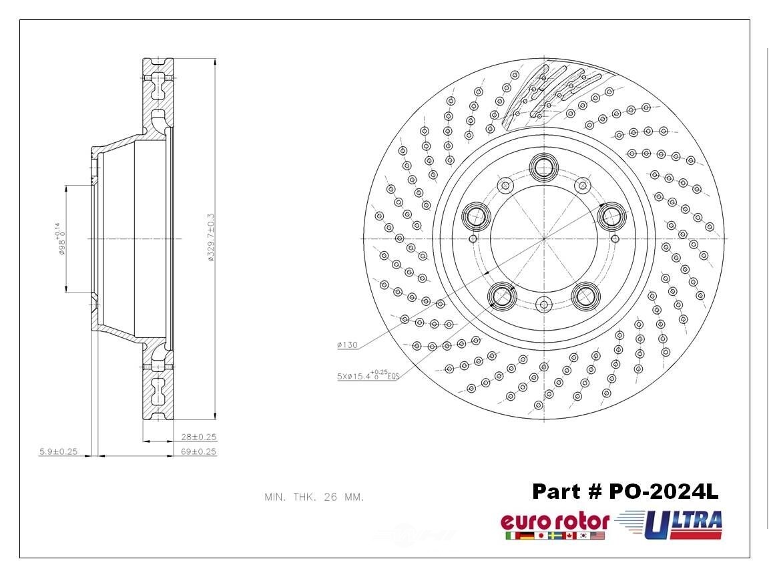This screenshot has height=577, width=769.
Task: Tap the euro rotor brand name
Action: pos(555,522)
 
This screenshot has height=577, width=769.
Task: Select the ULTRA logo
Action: pos(674,524)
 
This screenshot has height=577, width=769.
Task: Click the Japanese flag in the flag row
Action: pos(541,536)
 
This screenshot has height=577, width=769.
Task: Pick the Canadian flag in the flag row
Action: pos(569,536)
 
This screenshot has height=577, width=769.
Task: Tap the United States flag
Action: pos(597,536)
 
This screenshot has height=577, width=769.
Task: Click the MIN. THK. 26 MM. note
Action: pos(314,498)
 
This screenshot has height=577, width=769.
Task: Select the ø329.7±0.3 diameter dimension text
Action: pos(210,238)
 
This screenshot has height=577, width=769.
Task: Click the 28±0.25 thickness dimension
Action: pos(199,437)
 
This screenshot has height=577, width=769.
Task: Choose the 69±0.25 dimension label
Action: pos(199,451)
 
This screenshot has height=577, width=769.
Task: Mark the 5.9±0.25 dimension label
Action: pos(58,451)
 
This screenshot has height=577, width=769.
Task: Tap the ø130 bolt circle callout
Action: pos(348,345)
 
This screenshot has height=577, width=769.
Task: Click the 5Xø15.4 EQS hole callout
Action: pos(368,376)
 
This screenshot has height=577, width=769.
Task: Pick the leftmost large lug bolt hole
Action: pos(477,215)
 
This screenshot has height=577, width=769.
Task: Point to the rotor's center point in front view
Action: pos(543,238)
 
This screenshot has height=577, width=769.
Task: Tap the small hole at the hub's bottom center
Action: pos(543,305)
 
